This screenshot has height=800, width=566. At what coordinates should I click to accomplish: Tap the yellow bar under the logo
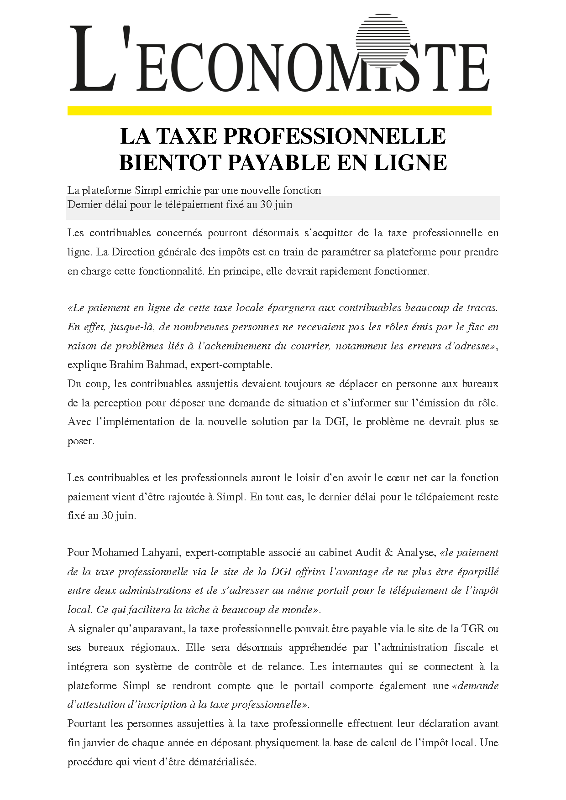(x=279, y=111)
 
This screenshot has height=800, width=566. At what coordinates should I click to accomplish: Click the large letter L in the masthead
(x=91, y=59)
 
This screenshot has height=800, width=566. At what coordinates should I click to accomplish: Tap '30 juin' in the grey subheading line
(x=276, y=205)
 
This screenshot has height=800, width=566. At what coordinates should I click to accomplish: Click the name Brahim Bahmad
(x=148, y=365)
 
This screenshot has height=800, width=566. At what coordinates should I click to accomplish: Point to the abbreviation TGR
(x=472, y=629)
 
